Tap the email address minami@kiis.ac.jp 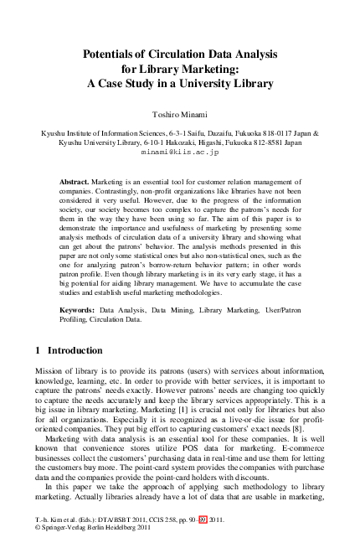pyautogui.click(x=180, y=153)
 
